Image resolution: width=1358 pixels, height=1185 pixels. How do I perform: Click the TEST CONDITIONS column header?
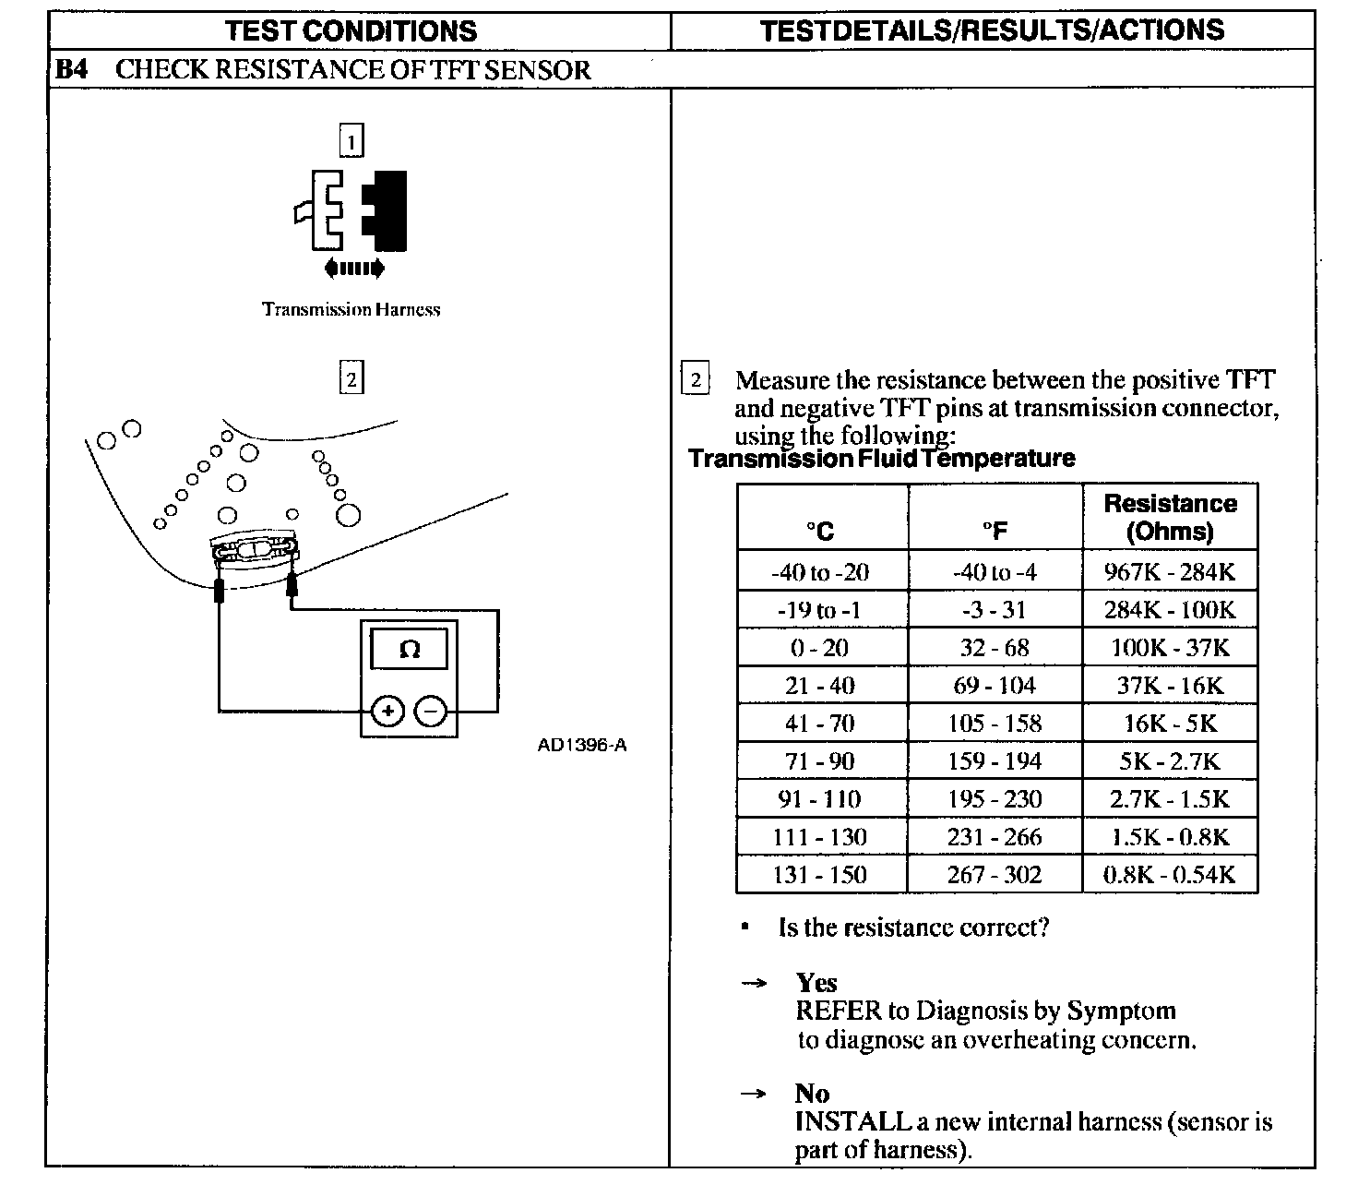pos(351,30)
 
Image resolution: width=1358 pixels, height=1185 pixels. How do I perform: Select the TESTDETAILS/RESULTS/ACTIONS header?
pos(993,30)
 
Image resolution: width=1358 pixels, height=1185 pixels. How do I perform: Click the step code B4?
pos(71,70)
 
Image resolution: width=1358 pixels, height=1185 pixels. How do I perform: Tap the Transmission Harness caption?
pos(351,309)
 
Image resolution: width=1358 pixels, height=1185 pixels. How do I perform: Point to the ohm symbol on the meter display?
pos(409,650)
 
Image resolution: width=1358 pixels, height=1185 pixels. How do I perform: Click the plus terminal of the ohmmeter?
pos(388,711)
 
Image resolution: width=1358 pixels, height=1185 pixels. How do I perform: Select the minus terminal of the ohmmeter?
pos(430,711)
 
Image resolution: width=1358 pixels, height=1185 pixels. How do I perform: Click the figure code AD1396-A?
pos(582,745)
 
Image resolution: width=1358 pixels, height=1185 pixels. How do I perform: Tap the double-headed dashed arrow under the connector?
pos(354,269)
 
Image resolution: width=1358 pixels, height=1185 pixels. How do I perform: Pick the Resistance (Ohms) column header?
pos(1170,517)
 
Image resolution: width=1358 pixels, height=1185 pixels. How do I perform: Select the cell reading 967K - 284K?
pos(1170,571)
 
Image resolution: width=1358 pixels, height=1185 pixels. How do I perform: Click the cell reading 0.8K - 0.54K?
pos(1170,874)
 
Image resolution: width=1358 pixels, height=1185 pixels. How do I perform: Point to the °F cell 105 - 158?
pos(995,723)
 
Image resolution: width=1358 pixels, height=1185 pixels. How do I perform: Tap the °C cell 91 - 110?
pos(820,798)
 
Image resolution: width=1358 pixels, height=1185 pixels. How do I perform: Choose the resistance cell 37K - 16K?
pos(1170,685)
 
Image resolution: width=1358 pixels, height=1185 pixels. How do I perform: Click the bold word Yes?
pos(816,983)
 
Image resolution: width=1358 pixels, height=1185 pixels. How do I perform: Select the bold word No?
pos(812,1094)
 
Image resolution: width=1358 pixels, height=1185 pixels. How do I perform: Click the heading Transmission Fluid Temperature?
pos(882,459)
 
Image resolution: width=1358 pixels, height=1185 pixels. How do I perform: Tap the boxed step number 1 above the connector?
pos(351,141)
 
